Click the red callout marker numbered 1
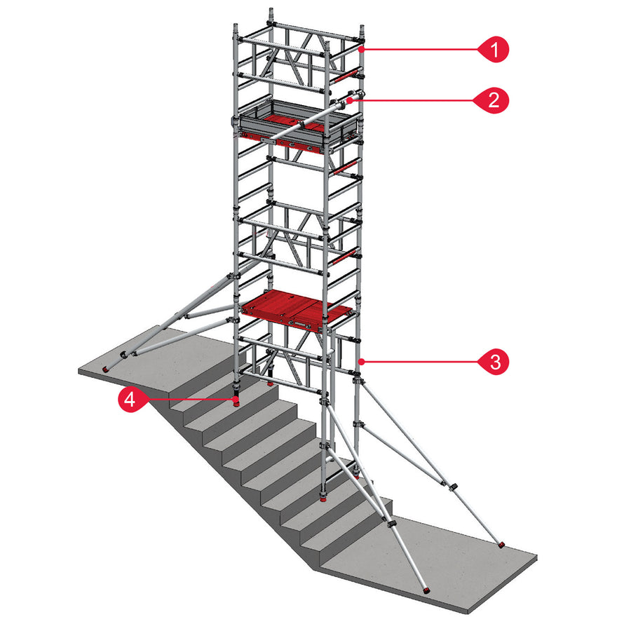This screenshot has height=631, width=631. coord(494,50)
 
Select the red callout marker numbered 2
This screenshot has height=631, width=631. coord(494,100)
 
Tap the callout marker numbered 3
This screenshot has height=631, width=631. coord(494,362)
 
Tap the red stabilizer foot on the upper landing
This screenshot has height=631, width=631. coord(107,369)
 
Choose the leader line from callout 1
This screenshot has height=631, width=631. coord(421,50)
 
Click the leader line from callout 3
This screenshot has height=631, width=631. coord(421,362)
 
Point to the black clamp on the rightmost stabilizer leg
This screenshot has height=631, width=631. coord(454,487)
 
